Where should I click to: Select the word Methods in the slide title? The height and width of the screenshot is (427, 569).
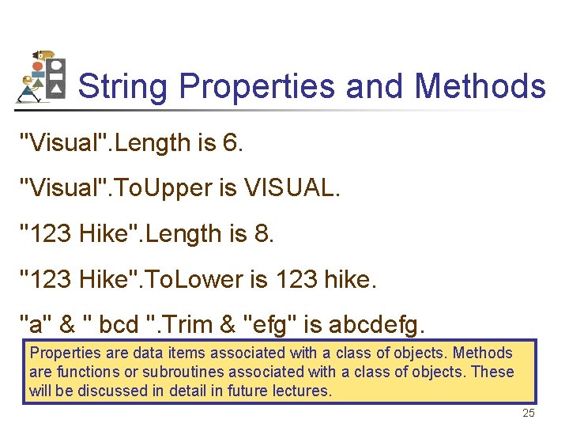click(x=480, y=86)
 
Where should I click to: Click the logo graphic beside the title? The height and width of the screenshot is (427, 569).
click(x=41, y=77)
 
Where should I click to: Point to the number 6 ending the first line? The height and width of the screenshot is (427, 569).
click(x=230, y=143)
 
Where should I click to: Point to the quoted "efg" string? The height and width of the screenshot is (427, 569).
click(x=266, y=324)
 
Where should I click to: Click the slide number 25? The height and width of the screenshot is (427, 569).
click(x=529, y=414)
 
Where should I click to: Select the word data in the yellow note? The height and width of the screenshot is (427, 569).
click(x=147, y=353)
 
